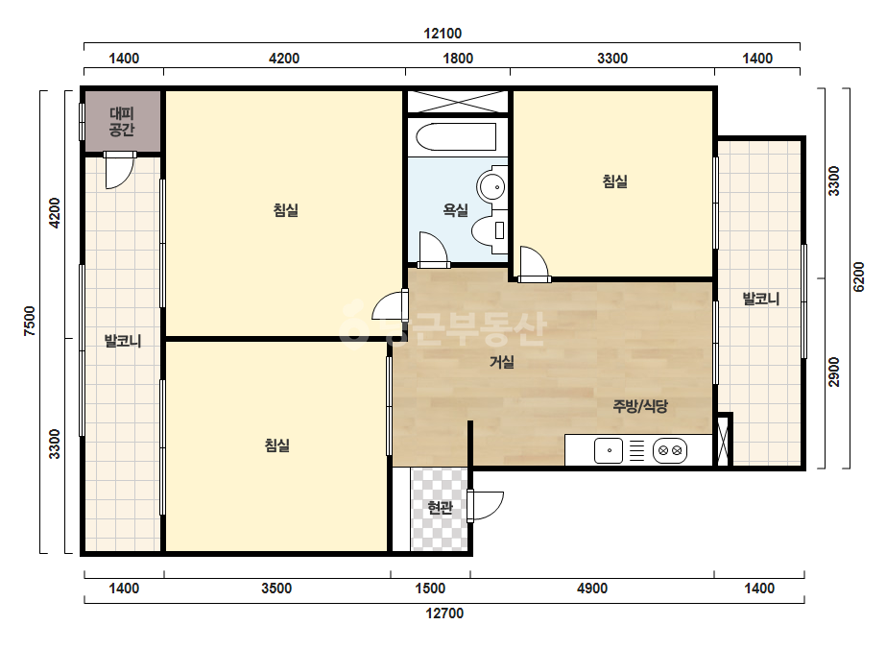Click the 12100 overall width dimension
click(x=443, y=34)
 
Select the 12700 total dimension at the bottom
click(x=444, y=613)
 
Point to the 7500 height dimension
click(x=30, y=321)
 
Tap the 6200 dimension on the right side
click(x=858, y=276)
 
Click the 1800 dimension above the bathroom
click(x=458, y=59)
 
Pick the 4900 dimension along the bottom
click(x=591, y=589)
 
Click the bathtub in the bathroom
click(x=455, y=137)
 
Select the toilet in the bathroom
click(x=490, y=230)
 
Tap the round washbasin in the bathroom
click(x=492, y=184)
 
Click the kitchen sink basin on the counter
click(x=609, y=450)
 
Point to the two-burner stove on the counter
click(x=670, y=450)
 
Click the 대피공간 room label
click(x=122, y=122)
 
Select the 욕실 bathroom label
click(x=455, y=210)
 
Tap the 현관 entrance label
click(x=441, y=508)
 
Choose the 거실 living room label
click(x=502, y=361)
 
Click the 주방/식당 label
click(x=640, y=405)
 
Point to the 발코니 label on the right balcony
click(x=761, y=298)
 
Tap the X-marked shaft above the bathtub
click(x=458, y=103)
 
